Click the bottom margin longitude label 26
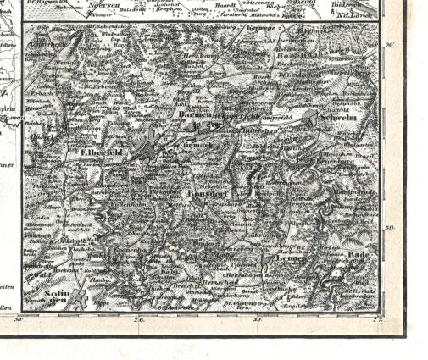coord(141,320)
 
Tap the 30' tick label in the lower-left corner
coord(19,319)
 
